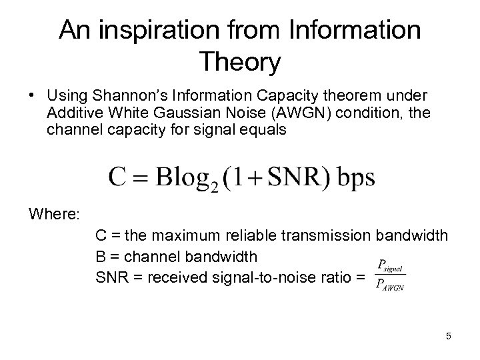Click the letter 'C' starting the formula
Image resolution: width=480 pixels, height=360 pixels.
point(117,177)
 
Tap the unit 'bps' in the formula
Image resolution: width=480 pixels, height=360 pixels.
point(354,178)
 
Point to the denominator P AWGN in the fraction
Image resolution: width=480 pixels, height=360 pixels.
point(390,286)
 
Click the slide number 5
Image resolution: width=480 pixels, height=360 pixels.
point(449,336)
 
